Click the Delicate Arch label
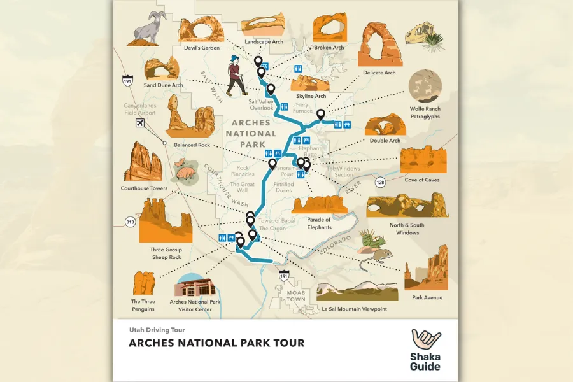pyautogui.click(x=379, y=73)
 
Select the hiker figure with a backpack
pyautogui.click(x=235, y=75)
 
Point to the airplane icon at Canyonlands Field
pyautogui.click(x=141, y=122)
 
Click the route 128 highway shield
pyautogui.click(x=380, y=183)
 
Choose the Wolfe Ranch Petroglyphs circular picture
pyautogui.click(x=425, y=86)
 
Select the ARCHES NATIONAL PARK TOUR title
pyautogui.click(x=216, y=343)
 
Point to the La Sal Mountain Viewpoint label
pyautogui.click(x=354, y=309)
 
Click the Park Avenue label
pyautogui.click(x=427, y=297)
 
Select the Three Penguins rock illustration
pyautogui.click(x=144, y=283)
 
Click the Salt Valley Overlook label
pyautogui.click(x=260, y=104)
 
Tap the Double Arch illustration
pyautogui.click(x=385, y=125)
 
